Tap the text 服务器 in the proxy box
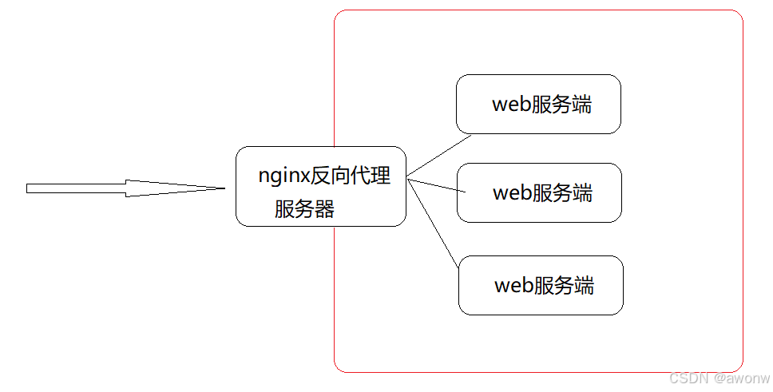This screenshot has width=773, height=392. point(304,209)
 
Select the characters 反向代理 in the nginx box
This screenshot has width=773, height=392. point(351,176)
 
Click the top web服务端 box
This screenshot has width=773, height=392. point(538,104)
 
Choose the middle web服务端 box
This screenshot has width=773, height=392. point(539,192)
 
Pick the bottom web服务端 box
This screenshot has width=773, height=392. point(541,285)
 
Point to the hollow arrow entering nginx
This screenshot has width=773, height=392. point(120,188)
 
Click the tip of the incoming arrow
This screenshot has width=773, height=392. point(224,188)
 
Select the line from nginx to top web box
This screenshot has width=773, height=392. point(439,156)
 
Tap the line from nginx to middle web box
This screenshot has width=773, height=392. point(436,185)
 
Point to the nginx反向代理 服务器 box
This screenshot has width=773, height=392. point(321,186)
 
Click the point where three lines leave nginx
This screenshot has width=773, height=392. point(407,178)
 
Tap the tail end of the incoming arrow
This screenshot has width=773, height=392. point(29,188)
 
